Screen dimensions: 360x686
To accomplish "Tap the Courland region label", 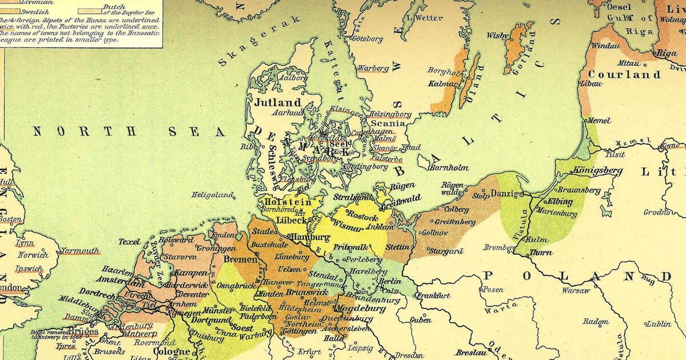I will (x=624, y=75).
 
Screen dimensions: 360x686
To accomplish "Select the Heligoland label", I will (x=213, y=195).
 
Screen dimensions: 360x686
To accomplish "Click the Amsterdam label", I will (x=119, y=281).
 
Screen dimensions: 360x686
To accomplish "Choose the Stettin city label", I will (x=397, y=247).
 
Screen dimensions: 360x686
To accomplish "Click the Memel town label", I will (x=598, y=121).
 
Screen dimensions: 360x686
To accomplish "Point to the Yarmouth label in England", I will (x=80, y=250).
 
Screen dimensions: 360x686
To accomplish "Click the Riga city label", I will (x=667, y=53).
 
